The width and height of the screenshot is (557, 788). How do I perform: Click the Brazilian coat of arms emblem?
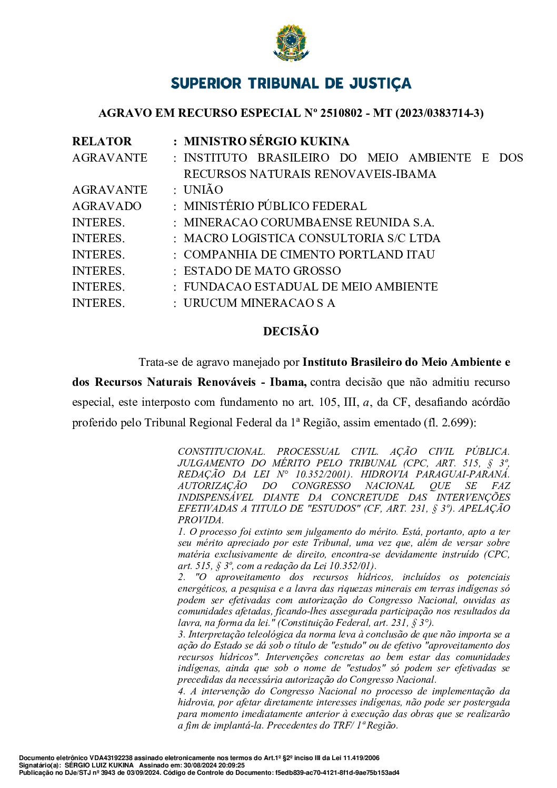291,43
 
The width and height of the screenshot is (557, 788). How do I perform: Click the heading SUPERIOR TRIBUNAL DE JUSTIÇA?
291,84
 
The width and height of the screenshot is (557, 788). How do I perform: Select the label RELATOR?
102,142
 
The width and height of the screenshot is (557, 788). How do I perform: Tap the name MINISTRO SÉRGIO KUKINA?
266,142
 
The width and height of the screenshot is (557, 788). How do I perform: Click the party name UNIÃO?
203,190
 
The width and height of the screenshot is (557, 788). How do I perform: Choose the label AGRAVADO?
107,206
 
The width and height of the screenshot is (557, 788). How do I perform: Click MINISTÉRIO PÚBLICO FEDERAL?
275,206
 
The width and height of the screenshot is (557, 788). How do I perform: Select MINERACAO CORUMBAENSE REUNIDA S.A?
309,223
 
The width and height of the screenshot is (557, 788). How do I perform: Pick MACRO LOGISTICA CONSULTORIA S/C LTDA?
312,238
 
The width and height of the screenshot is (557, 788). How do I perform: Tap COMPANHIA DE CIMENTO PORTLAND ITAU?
309,255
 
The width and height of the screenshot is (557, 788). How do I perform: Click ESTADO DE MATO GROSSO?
262,271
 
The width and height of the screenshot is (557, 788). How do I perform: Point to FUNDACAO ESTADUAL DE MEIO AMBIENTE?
311,287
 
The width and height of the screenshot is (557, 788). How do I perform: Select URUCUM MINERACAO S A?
259,303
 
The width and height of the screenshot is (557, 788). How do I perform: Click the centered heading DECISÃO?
291,332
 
